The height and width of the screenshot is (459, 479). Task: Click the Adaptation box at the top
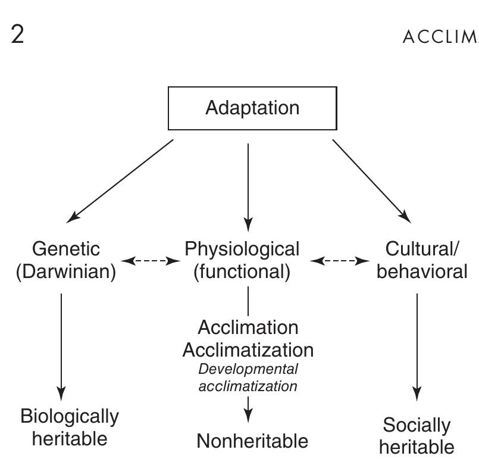click(252, 108)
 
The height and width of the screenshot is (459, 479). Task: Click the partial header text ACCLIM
click(441, 36)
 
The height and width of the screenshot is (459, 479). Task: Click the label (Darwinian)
click(67, 271)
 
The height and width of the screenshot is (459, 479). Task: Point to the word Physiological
click(242, 248)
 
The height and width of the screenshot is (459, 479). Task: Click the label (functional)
click(242, 271)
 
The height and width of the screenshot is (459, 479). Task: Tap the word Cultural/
click(422, 248)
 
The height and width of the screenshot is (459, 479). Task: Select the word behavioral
click(422, 271)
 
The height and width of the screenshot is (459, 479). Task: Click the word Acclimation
click(248, 327)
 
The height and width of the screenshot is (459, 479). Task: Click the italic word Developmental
click(248, 369)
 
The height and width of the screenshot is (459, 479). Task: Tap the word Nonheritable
click(252, 441)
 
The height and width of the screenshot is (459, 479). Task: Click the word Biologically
click(70, 416)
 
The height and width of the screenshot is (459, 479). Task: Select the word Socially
click(417, 425)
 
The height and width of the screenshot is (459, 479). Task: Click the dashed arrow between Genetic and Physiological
click(151, 260)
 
